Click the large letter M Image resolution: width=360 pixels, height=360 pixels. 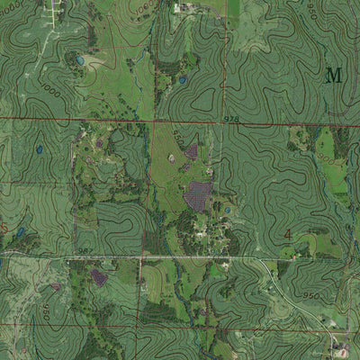(x=334, y=75)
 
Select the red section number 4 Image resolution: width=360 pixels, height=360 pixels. (x=287, y=235)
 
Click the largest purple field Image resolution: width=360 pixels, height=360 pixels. (x=198, y=193)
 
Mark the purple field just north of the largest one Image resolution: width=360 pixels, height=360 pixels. (x=191, y=151)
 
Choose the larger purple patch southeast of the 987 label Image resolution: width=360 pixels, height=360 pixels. (x=99, y=277)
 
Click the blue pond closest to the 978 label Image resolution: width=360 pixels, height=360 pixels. (x=183, y=80)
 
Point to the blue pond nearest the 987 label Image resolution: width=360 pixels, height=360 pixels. (x=20, y=233)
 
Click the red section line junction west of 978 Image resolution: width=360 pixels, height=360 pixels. (x=154, y=120)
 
